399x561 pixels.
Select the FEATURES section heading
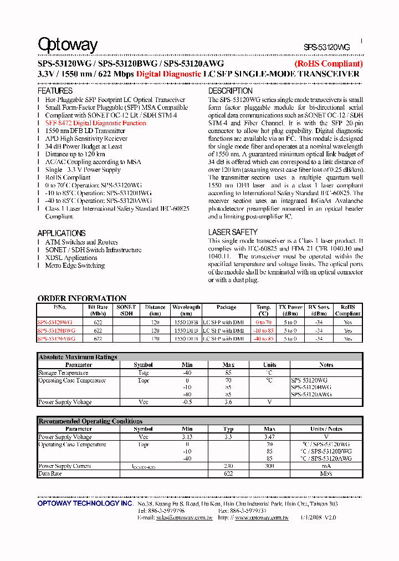pos(55,91)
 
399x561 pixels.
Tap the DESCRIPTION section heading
pos(231,91)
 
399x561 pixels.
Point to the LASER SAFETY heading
pos(233,232)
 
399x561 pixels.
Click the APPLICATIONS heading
pos(62,233)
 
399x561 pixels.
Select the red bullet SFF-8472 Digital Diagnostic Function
pos(96,123)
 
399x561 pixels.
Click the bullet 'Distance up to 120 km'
pos(75,154)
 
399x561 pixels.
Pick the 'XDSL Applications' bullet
pos(71,258)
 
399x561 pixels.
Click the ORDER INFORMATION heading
pos(82,298)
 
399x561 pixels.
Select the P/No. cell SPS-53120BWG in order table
pos(57,330)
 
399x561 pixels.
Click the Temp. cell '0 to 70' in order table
pos(264,322)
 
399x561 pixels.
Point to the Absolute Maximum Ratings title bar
pos(78,357)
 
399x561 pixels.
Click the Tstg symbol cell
pos(143,373)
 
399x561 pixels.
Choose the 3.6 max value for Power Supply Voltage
pos(228,402)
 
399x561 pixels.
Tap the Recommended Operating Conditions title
pos(90,421)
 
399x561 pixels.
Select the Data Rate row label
pos(50,473)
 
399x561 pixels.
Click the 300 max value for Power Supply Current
pos(269,466)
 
